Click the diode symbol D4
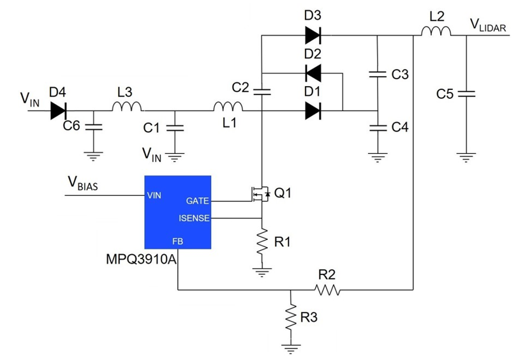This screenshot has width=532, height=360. pyautogui.click(x=59, y=111)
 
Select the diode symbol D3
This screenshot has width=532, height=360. pyautogui.click(x=313, y=36)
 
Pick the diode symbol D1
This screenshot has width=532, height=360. pyautogui.click(x=313, y=111)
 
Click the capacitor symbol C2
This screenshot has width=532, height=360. pyautogui.click(x=262, y=91)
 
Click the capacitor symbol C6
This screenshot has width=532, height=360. pyautogui.click(x=94, y=126)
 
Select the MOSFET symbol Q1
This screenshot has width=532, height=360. pyautogui.click(x=258, y=193)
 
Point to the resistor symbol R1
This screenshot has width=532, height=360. pyautogui.click(x=262, y=243)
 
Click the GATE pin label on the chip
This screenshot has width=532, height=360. pyautogui.click(x=197, y=201)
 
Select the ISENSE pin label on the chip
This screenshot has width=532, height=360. pyautogui.click(x=195, y=218)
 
